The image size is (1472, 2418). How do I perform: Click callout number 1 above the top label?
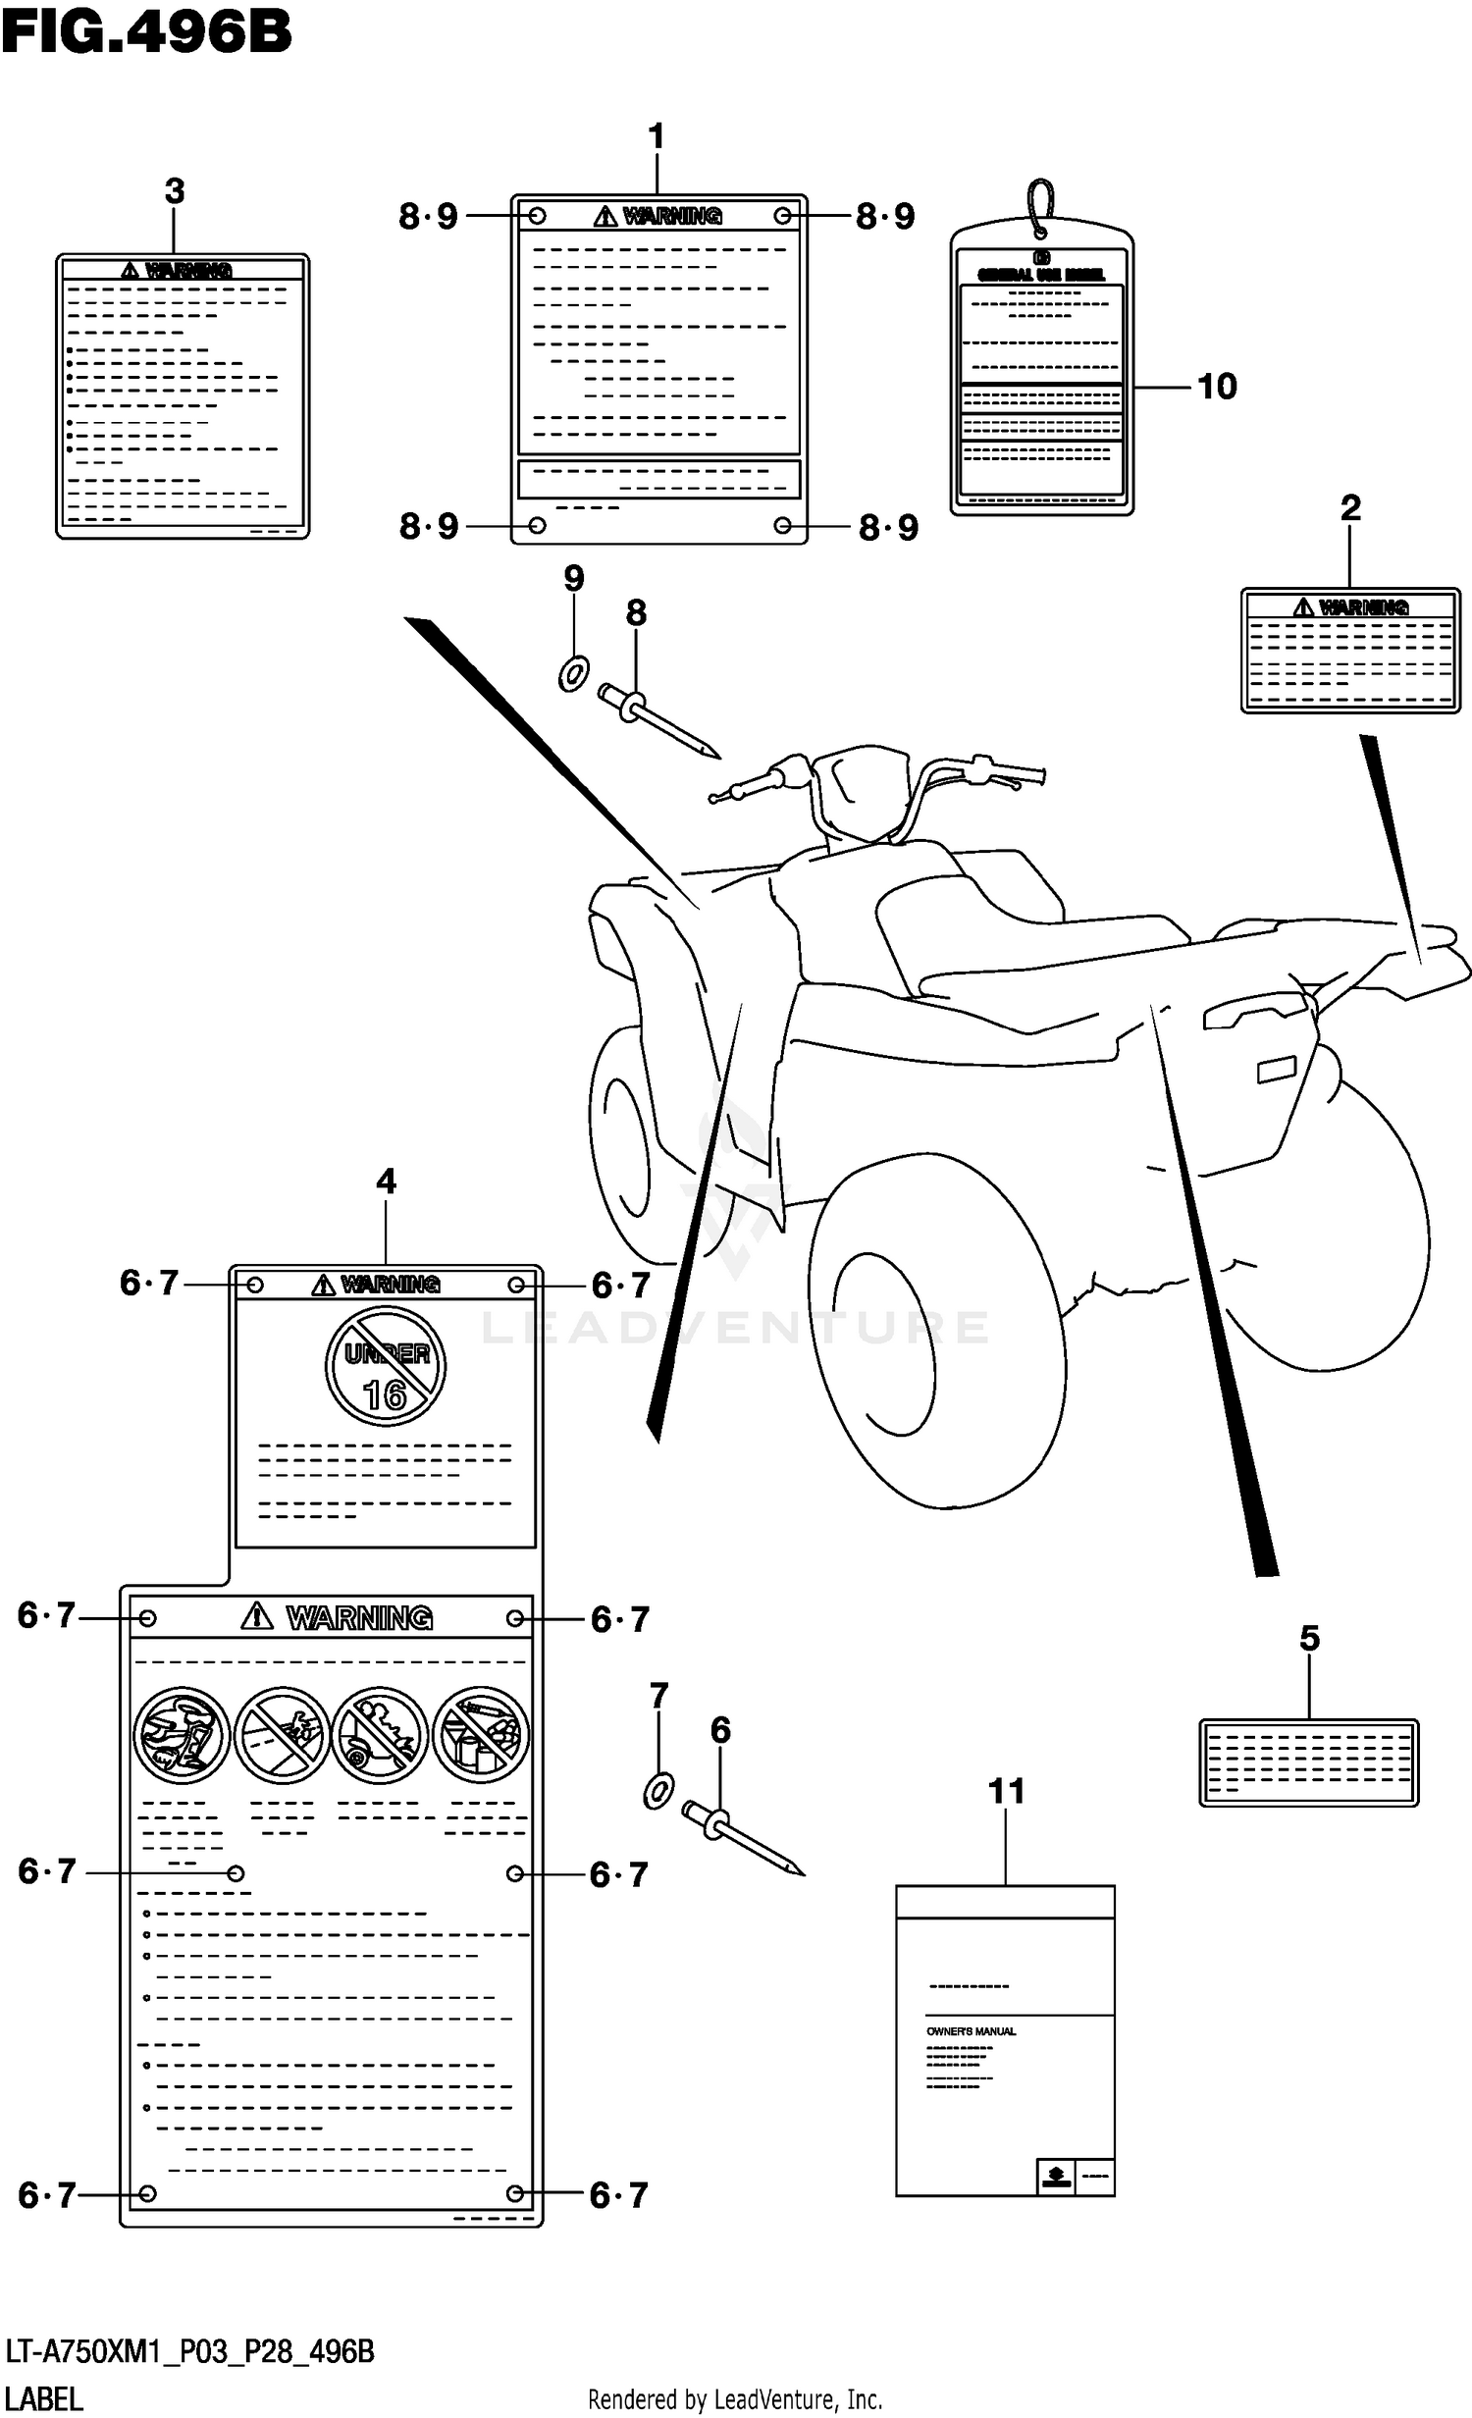[x=657, y=136]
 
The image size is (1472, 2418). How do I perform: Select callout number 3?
[x=175, y=191]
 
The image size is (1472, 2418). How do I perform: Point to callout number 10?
[x=1217, y=387]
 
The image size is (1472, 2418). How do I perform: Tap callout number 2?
[x=1350, y=508]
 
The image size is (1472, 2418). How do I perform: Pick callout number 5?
[x=1309, y=1638]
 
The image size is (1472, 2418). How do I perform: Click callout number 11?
[x=1006, y=1792]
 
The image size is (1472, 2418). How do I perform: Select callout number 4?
[x=386, y=1182]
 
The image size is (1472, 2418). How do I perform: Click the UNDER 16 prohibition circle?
[x=386, y=1365]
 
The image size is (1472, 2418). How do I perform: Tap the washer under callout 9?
[x=573, y=673]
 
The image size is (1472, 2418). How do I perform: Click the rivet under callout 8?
[x=657, y=721]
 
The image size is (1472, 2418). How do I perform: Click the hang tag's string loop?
[x=1040, y=206]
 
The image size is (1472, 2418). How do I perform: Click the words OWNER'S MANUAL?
[x=971, y=2031]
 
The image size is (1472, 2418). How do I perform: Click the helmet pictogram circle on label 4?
[x=182, y=1735]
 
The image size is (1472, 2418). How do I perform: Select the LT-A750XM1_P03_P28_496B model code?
[x=190, y=2352]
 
